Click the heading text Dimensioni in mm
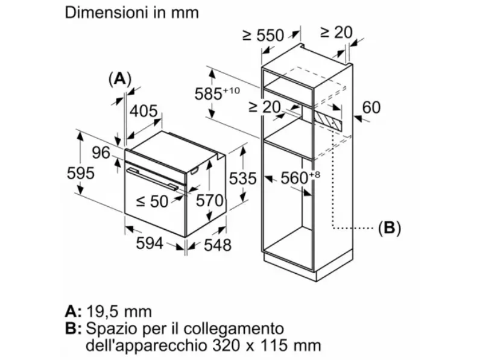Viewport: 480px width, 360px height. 132,13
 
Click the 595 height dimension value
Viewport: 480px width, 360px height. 81,174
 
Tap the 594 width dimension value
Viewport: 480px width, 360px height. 150,244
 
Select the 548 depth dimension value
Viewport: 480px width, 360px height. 218,245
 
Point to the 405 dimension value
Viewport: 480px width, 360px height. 144,111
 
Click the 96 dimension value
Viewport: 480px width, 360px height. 101,153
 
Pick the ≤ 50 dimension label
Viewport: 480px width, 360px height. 152,201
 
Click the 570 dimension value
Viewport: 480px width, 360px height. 210,201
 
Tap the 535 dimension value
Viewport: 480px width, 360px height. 243,178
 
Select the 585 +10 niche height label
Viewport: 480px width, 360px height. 217,93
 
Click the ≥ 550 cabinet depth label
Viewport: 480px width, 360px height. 264,35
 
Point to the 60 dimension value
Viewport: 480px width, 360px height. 371,107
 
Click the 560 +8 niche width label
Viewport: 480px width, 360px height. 300,177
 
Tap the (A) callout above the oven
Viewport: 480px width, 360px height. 120,79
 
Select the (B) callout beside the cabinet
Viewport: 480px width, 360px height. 390,227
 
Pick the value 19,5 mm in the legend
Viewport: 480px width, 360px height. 119,312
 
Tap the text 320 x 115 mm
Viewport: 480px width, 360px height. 267,346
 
